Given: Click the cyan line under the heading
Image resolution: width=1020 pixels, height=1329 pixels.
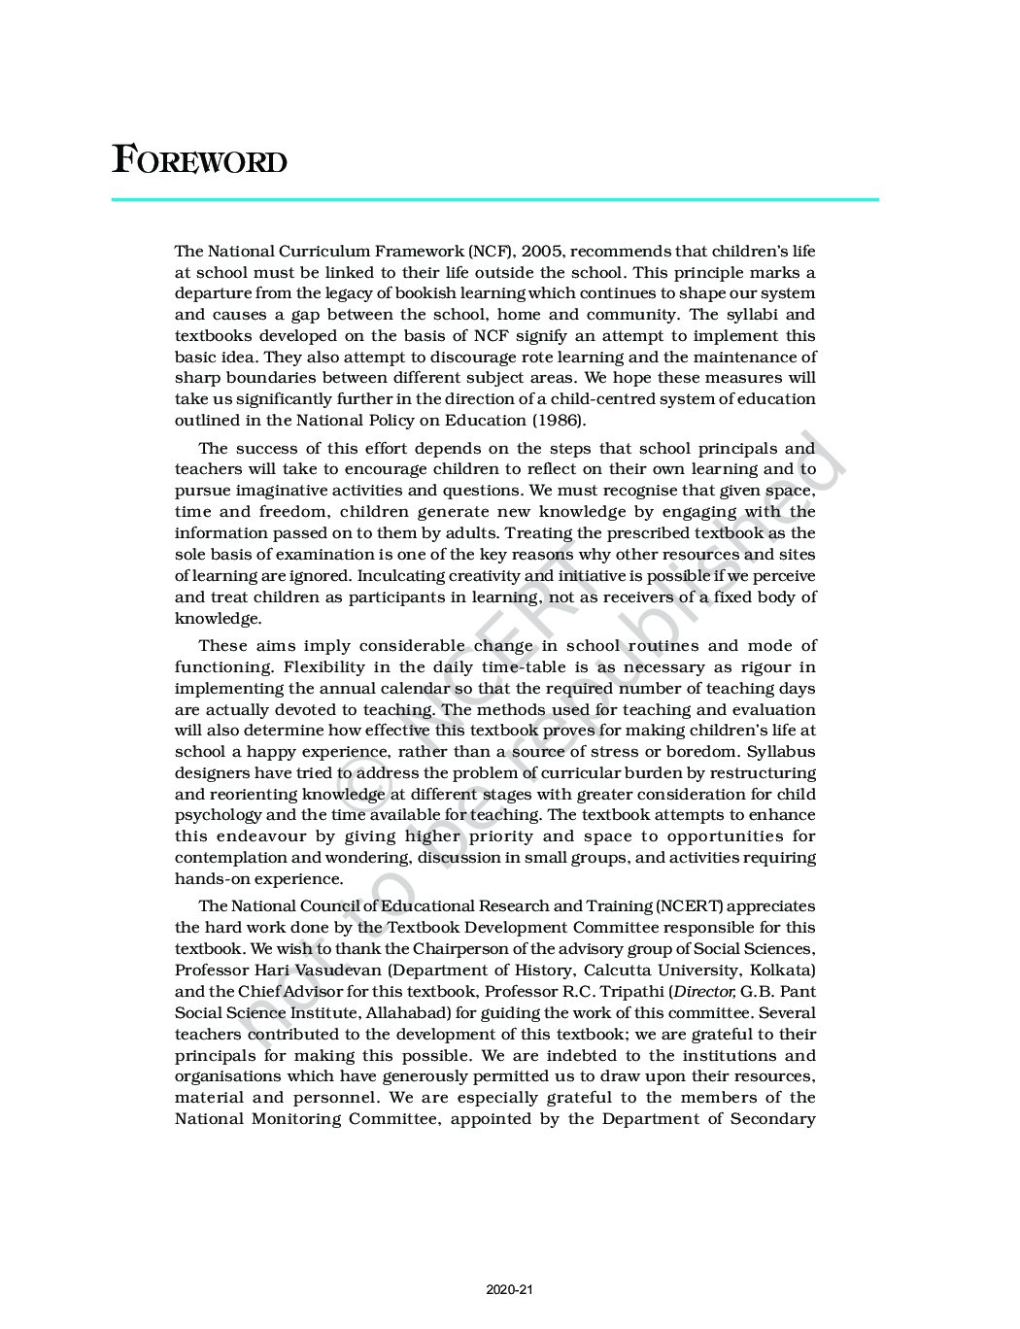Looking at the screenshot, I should click(x=494, y=200).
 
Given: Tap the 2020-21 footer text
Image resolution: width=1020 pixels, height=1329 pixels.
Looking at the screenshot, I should click(x=510, y=1290).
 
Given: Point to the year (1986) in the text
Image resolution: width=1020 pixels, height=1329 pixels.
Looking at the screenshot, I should click(x=559, y=421).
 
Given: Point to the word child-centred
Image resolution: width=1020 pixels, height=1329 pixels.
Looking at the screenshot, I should click(x=602, y=399).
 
